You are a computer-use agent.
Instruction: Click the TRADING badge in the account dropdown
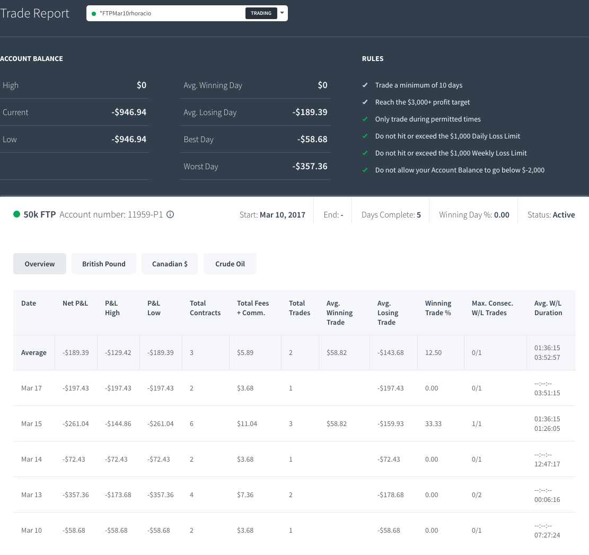(x=261, y=13)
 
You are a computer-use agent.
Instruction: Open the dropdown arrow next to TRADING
(x=282, y=13)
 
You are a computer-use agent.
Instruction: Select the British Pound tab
(x=104, y=264)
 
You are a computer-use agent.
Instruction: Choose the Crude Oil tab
(x=230, y=264)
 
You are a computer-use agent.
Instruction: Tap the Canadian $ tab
(x=170, y=264)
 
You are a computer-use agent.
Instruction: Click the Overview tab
(x=39, y=264)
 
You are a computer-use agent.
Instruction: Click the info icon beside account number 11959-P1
(x=170, y=214)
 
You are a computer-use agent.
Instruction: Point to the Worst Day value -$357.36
(x=310, y=166)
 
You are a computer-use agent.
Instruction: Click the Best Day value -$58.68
(x=312, y=139)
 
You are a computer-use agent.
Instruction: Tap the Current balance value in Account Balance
(x=129, y=112)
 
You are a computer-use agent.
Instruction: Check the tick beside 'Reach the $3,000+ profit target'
(x=365, y=102)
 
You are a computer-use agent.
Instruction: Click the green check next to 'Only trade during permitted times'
(x=365, y=119)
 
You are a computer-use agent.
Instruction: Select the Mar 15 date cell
(x=32, y=423)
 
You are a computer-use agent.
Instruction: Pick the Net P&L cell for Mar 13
(x=75, y=495)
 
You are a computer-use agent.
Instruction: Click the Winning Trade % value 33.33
(x=433, y=423)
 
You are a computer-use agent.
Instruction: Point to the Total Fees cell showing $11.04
(x=247, y=423)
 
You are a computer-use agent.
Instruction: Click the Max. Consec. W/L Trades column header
(x=493, y=308)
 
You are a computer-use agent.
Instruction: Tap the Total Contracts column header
(x=205, y=308)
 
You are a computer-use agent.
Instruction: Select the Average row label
(x=34, y=352)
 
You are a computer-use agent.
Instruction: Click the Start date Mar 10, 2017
(x=283, y=215)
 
